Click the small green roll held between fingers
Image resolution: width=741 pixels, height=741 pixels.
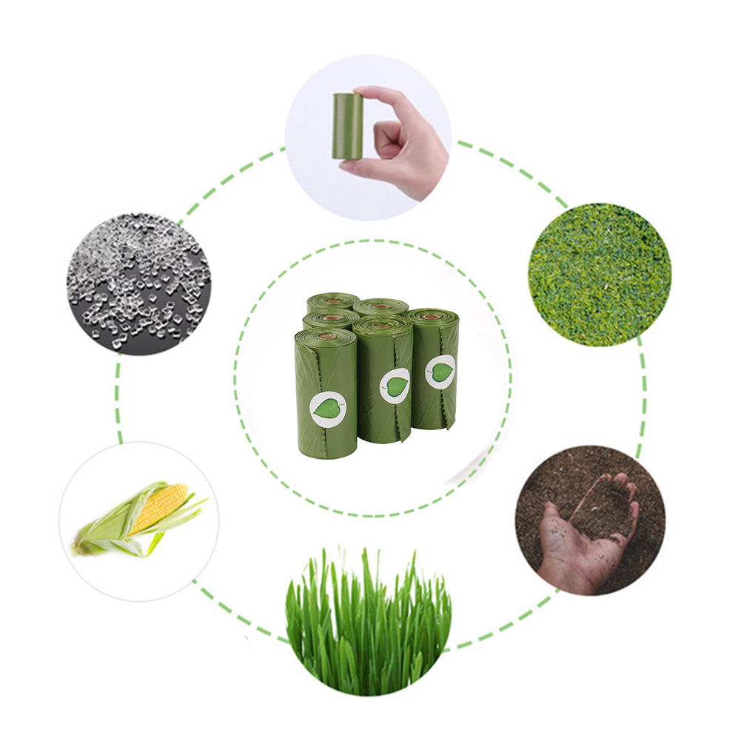[x=347, y=126]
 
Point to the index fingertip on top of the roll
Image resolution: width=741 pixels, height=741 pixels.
[x=370, y=95]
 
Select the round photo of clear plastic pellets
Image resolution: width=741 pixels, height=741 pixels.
[x=138, y=284]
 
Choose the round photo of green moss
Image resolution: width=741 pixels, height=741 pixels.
[x=600, y=274]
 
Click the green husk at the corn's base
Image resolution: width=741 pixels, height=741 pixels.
[x=96, y=544]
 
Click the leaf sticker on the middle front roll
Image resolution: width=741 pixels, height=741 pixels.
[x=395, y=386]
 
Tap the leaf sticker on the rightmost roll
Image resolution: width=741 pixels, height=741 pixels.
[x=440, y=371]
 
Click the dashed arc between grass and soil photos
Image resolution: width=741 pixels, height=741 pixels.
[x=503, y=629]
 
